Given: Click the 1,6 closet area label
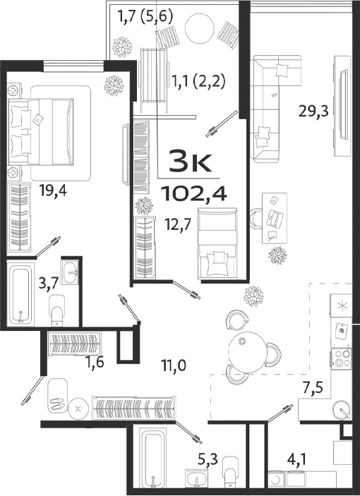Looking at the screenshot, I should click(95, 363).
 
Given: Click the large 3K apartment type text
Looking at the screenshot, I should click(190, 162).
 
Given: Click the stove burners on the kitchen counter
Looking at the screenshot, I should click(343, 356).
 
